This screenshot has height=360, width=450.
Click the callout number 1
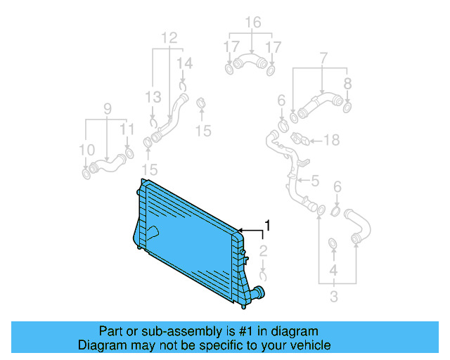click(267, 226)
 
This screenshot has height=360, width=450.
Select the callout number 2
click(262, 251)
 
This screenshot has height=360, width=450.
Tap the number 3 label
click(335, 297)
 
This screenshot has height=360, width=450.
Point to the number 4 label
click(333, 270)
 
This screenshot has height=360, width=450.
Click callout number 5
click(315, 181)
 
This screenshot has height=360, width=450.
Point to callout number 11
click(127, 129)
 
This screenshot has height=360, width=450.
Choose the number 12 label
click(169, 37)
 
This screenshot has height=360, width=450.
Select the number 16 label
click(252, 23)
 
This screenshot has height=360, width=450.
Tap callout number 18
click(331, 141)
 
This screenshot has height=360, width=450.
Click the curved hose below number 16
click(250, 65)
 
